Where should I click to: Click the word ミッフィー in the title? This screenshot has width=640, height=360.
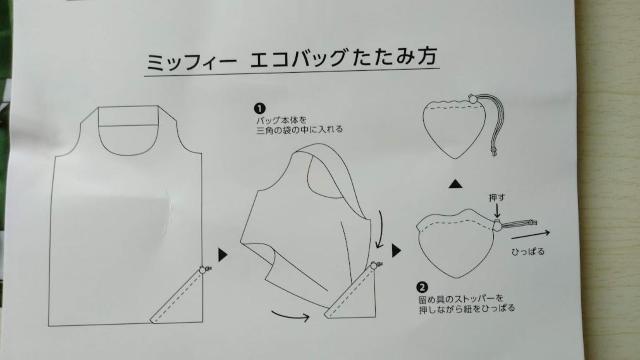click(x=191, y=62)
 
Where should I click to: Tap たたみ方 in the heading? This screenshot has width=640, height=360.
click(x=394, y=56)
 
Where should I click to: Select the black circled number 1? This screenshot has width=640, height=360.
click(x=260, y=109)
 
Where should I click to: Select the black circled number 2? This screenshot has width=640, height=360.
click(x=422, y=288)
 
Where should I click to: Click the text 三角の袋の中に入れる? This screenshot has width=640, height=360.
click(x=300, y=130)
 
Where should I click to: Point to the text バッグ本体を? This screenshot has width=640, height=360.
click(x=282, y=120)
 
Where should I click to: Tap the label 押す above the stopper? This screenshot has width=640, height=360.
click(x=497, y=198)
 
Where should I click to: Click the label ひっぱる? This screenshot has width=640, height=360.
click(x=528, y=252)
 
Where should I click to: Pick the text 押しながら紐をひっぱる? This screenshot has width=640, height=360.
click(x=467, y=309)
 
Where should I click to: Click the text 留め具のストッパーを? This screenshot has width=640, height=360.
click(x=461, y=299)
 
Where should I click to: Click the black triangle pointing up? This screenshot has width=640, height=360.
click(x=456, y=184)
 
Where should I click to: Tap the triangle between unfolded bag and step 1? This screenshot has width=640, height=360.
click(x=223, y=255)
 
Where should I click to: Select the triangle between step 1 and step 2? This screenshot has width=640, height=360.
click(x=396, y=251)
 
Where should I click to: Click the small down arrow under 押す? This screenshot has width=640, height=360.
click(x=497, y=211)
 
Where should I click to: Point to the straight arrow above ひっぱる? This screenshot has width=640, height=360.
click(x=531, y=235)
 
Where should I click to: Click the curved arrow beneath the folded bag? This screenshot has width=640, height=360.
click(x=291, y=315)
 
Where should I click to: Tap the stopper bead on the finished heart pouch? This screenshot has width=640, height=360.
click(x=473, y=98)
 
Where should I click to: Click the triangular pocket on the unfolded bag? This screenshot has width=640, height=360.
click(x=178, y=297)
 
